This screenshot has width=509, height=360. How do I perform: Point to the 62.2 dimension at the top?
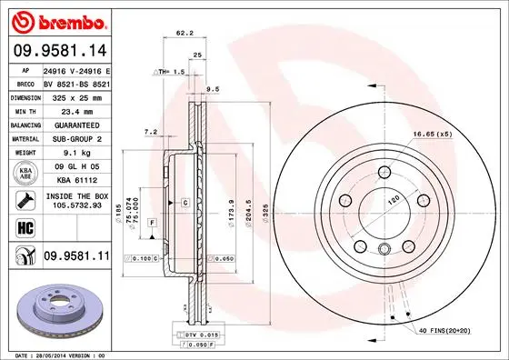185,34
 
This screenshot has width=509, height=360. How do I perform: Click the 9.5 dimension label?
214,89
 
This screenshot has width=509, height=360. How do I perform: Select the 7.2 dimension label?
152,132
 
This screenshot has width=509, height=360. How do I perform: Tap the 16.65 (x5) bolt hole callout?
433,134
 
